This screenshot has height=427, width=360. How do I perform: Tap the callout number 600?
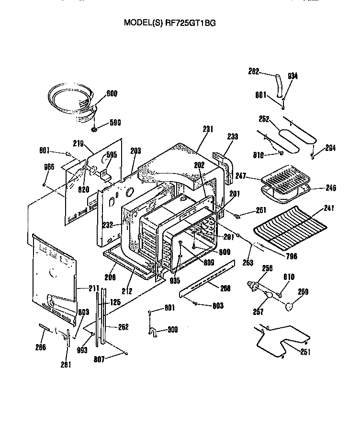pyautogui.click(x=112, y=93)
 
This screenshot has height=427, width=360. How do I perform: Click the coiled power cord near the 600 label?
pyautogui.click(x=72, y=101)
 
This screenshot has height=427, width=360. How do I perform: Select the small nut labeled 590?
pyautogui.click(x=95, y=129)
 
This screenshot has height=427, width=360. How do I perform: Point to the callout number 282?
pyautogui.click(x=254, y=72)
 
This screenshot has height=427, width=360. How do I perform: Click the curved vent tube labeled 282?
pyautogui.click(x=281, y=84)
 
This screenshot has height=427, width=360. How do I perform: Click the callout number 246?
pyautogui.click(x=330, y=188)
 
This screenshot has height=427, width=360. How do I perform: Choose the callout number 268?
pyautogui.click(x=225, y=288)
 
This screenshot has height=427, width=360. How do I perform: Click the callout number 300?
pyautogui.click(x=173, y=330)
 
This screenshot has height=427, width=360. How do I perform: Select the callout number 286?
pyautogui.click(x=41, y=347)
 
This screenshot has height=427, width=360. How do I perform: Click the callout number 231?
pyautogui.click(x=208, y=129)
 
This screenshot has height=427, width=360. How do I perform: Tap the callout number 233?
pyautogui.click(x=232, y=137)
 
